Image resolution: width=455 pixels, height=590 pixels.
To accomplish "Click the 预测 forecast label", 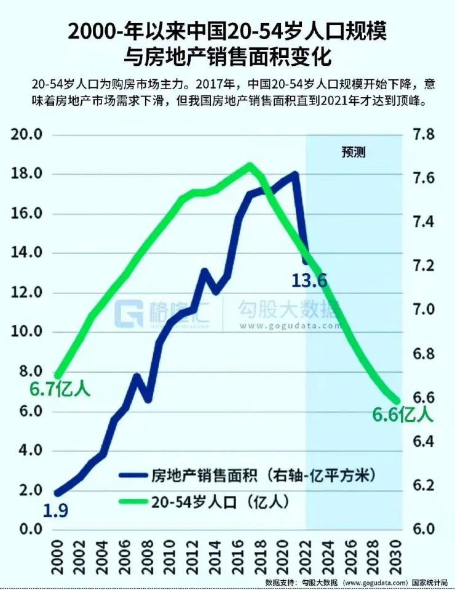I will [354, 152].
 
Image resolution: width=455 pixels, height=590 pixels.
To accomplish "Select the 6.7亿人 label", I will [60, 389].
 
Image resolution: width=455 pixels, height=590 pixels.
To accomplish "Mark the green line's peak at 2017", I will [250, 165].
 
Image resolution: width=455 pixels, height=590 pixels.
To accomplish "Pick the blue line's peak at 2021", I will [295, 174].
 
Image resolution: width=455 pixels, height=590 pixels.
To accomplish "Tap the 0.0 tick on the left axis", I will [29, 529].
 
